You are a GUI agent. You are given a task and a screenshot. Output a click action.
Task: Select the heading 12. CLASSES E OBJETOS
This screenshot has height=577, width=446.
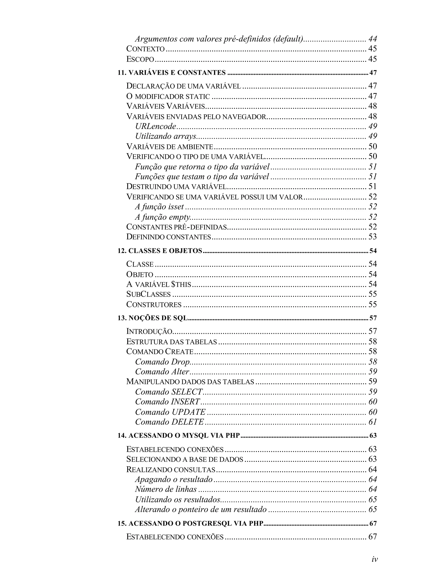[x=160, y=251]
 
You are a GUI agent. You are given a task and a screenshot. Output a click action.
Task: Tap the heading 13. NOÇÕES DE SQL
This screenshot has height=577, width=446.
[x=153, y=318]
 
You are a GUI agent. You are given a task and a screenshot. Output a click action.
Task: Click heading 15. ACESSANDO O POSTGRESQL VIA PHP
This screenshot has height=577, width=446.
[x=191, y=523]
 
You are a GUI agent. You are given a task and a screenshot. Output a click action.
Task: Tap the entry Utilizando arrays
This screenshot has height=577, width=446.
[x=166, y=136]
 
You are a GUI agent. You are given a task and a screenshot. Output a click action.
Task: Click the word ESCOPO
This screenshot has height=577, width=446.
[x=140, y=59]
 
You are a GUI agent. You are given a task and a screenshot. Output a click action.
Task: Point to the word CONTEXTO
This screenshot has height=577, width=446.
[x=145, y=49]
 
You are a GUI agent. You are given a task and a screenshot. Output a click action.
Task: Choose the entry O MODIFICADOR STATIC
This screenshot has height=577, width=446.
[x=168, y=96]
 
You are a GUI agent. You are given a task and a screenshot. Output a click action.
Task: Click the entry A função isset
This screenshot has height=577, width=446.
[x=159, y=207]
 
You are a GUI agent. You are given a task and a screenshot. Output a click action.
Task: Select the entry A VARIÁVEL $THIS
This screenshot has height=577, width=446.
[x=159, y=284]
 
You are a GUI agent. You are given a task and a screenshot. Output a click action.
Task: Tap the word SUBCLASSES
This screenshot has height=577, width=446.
[x=149, y=294]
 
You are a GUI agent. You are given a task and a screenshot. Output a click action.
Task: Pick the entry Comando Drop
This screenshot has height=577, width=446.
[x=162, y=362]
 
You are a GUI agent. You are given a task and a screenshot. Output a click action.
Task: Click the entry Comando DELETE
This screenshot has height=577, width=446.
[x=169, y=422]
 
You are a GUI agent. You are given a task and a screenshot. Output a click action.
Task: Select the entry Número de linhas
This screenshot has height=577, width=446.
[x=166, y=489]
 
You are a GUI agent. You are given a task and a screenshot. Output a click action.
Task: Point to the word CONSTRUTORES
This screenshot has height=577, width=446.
[x=154, y=305]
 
